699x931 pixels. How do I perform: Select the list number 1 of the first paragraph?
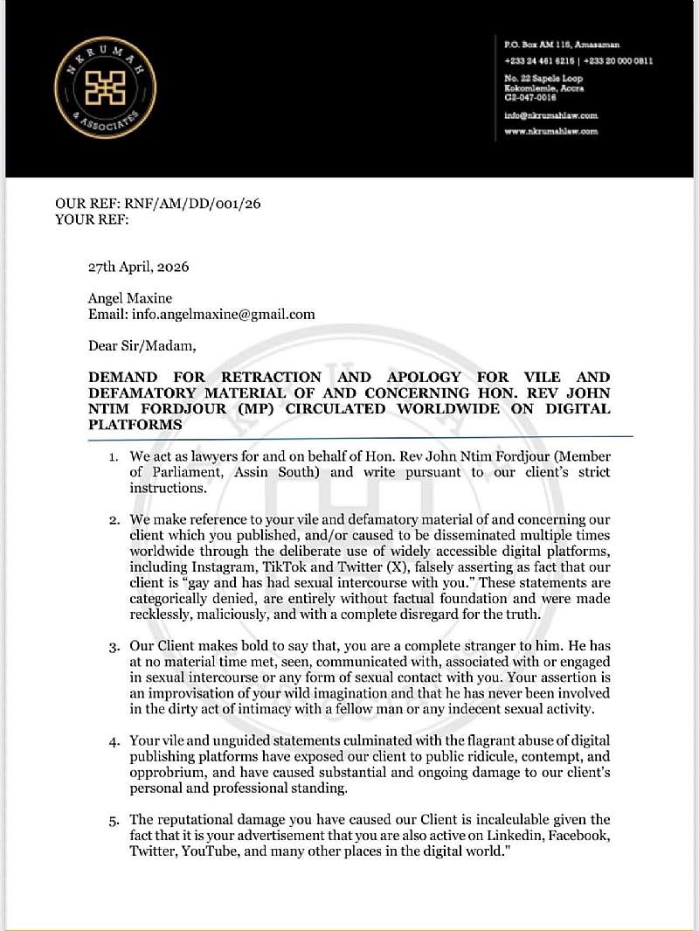coord(113,457)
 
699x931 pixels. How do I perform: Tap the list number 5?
coord(113,819)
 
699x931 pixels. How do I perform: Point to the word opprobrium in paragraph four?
coord(169,772)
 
